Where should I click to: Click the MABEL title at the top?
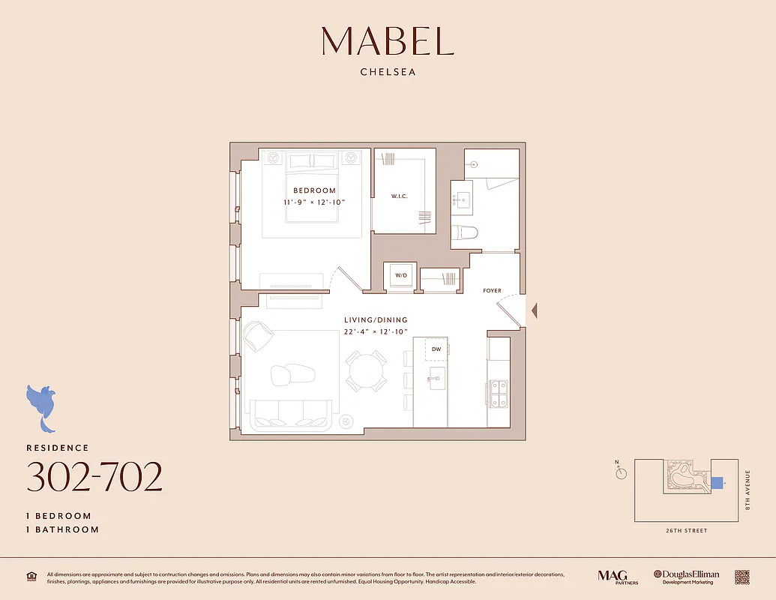[388, 41]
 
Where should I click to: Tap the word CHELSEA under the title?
[388, 73]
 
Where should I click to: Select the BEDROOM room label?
[314, 190]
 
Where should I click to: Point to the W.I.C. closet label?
[399, 197]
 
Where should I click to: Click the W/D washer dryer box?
[401, 276]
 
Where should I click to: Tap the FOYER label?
[492, 291]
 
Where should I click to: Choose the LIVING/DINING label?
[376, 320]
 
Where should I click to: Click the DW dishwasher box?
[436, 349]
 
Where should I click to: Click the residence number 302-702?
[94, 478]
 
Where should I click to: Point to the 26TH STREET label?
[686, 531]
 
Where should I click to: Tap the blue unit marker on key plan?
[717, 483]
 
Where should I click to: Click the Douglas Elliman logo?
[686, 576]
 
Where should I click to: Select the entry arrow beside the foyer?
[533, 309]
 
